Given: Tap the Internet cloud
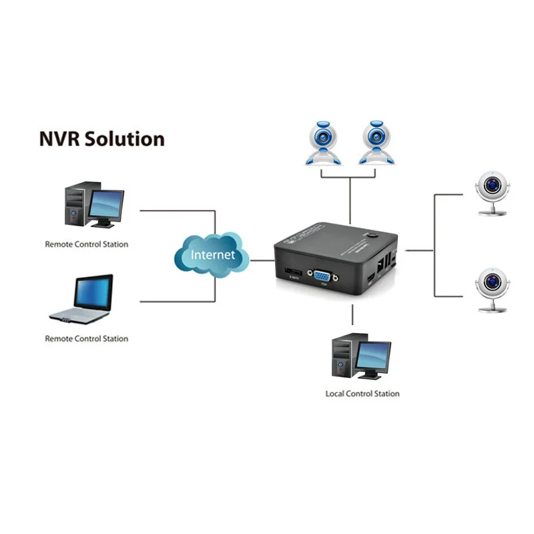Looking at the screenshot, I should coord(213,254).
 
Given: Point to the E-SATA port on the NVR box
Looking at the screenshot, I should coord(293,272).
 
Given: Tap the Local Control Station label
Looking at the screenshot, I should coord(362,393).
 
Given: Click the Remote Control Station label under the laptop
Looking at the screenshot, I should coord(86,338).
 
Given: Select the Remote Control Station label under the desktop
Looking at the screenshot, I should coord(86,244).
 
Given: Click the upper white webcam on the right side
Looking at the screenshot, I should coord(492,191).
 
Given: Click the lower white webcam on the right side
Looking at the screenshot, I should coord(492,288).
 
